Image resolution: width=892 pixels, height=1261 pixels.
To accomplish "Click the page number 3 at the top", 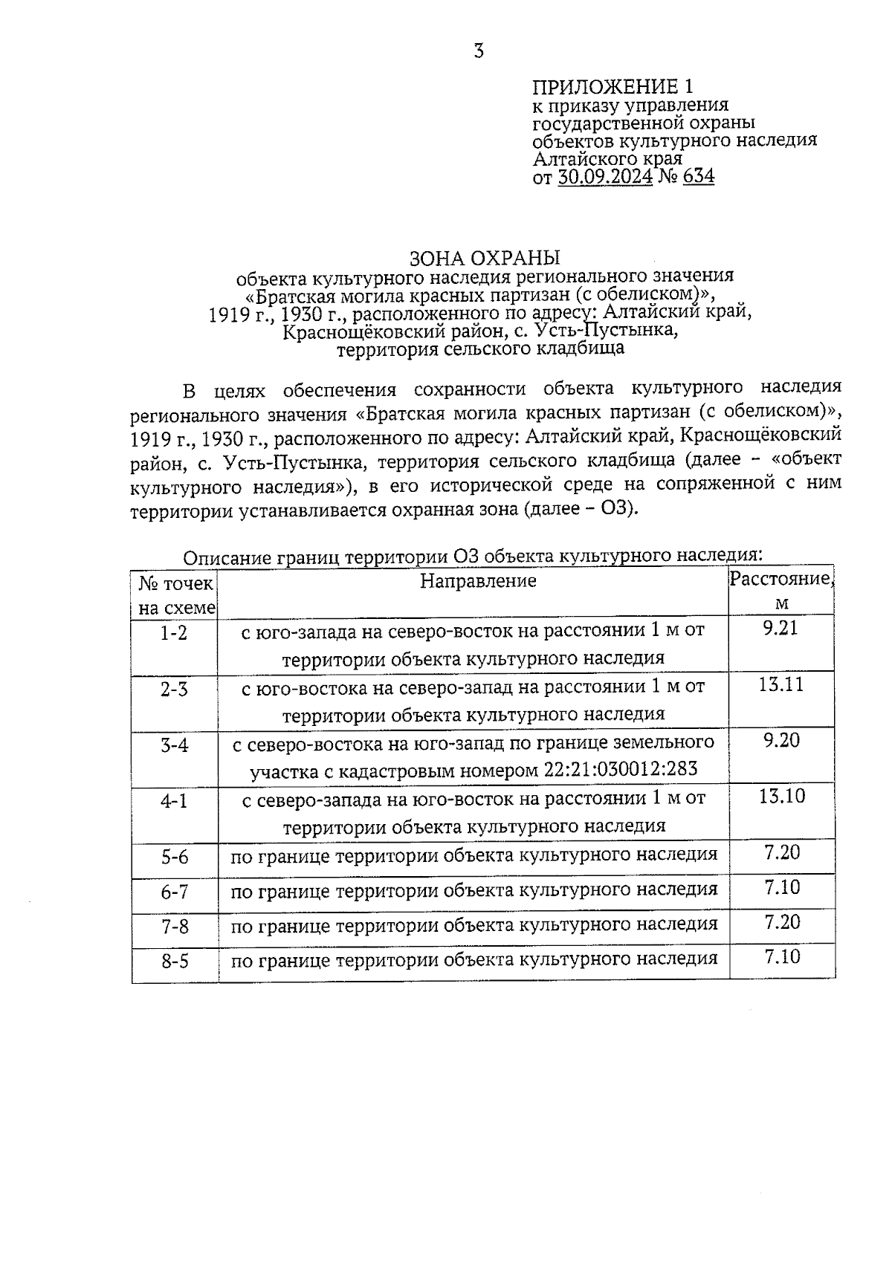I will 479,51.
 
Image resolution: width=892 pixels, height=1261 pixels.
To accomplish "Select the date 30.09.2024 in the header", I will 604,177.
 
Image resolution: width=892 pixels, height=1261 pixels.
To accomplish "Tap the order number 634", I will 698,177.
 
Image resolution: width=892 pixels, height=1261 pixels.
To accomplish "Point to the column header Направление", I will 478,581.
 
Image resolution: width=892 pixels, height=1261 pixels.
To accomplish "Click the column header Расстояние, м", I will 780,590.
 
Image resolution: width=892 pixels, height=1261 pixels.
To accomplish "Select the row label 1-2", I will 175,634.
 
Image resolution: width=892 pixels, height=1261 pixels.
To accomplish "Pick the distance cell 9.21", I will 780,629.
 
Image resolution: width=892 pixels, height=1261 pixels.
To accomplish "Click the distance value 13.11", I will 780,684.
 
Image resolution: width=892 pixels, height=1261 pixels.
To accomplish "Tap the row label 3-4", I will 175,745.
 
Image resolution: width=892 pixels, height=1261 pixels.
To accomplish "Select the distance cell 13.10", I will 781,797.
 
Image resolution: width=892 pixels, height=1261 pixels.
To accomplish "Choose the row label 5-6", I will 175,858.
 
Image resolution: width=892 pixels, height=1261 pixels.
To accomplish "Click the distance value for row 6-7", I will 782,887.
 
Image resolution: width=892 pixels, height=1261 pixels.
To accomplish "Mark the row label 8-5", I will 175,962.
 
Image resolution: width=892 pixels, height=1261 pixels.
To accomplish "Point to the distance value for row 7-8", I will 782,922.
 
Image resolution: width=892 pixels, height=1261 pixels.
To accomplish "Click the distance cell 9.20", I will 780,741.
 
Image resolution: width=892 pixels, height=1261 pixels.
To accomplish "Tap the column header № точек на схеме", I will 176,595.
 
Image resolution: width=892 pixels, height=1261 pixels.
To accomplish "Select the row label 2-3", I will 175,690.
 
